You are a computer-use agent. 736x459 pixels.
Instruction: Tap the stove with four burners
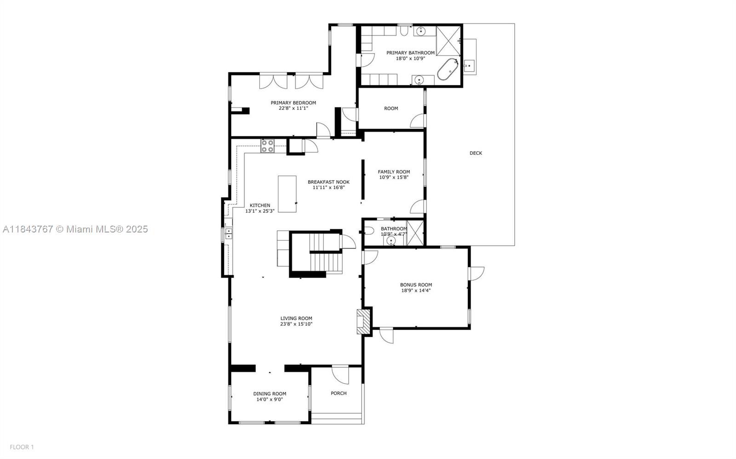pyautogui.click(x=268, y=146)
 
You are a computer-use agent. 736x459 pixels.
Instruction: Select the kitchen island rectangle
pyautogui.click(x=287, y=194)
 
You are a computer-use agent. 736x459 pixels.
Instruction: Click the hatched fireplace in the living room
pyautogui.click(x=363, y=321)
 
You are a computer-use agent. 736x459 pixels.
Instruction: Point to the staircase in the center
pyautogui.click(x=325, y=254)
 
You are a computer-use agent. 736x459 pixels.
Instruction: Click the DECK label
pyautogui.click(x=476, y=153)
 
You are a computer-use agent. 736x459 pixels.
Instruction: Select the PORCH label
pyautogui.click(x=339, y=393)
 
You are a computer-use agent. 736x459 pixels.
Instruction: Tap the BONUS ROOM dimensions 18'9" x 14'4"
pyautogui.click(x=416, y=290)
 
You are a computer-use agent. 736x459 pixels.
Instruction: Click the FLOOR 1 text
pyautogui.click(x=22, y=447)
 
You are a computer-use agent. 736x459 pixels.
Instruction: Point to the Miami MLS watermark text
pyautogui.click(x=75, y=229)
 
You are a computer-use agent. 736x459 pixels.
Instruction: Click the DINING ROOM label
pyautogui.click(x=270, y=394)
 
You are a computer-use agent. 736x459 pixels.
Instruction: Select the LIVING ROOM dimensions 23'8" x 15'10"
pyautogui.click(x=296, y=324)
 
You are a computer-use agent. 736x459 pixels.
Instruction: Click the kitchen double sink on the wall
pyautogui.click(x=228, y=234)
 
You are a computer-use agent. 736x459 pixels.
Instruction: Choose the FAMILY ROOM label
pyautogui.click(x=394, y=172)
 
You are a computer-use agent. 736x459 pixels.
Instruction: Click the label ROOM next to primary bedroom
pyautogui.click(x=391, y=108)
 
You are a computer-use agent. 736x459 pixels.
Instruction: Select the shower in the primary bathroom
pyautogui.click(x=448, y=41)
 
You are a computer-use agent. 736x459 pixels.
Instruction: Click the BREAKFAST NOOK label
pyautogui.click(x=328, y=182)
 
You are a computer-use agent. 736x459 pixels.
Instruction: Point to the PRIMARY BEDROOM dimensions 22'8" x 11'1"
pyautogui.click(x=293, y=108)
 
